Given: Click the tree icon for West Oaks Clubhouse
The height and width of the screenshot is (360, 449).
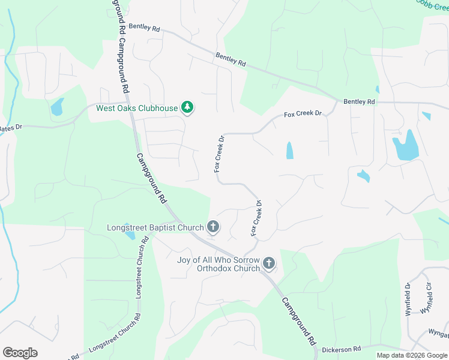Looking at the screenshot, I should [188, 107].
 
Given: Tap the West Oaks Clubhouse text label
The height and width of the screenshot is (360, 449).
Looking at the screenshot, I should [137, 109].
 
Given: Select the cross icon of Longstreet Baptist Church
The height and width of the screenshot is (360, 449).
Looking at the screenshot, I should [212, 227].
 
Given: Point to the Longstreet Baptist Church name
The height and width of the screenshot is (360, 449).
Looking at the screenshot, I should [155, 228].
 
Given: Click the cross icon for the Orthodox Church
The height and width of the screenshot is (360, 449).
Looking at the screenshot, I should [269, 263].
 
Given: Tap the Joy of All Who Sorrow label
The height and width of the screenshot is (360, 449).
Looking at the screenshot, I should [218, 260].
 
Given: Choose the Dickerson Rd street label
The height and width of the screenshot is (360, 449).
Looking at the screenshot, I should [341, 348].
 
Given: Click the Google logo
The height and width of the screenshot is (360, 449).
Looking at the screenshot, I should [20, 353].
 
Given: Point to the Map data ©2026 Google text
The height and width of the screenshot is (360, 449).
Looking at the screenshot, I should [411, 355].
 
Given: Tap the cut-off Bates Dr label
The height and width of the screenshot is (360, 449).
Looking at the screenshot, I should [10, 128].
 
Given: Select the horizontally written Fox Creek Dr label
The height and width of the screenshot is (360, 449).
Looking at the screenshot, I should [303, 113].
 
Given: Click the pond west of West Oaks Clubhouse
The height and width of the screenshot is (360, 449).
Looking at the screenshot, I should [57, 108].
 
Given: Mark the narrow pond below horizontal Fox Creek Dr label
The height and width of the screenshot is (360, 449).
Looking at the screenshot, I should [290, 150].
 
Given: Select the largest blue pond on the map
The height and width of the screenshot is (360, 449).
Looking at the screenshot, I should [405, 145].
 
